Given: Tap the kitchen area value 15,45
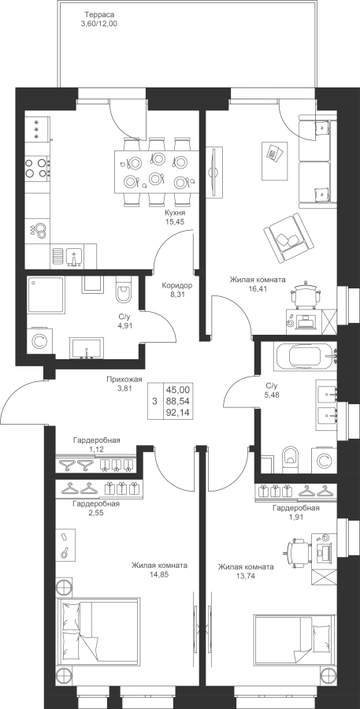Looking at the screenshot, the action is pyautogui.click(x=176, y=221).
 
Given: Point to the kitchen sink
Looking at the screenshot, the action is pyautogui.click(x=73, y=256).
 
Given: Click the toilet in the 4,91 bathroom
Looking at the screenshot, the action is pyautogui.click(x=123, y=290).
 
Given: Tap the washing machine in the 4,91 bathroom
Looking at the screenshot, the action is pyautogui.click(x=39, y=341).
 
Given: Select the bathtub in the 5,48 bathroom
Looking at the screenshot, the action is pyautogui.click(x=307, y=357).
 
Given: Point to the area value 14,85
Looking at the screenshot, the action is pyautogui.click(x=159, y=575).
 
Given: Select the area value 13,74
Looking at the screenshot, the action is pyautogui.click(x=246, y=576).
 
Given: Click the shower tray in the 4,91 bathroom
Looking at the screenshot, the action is pyautogui.click(x=45, y=295).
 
